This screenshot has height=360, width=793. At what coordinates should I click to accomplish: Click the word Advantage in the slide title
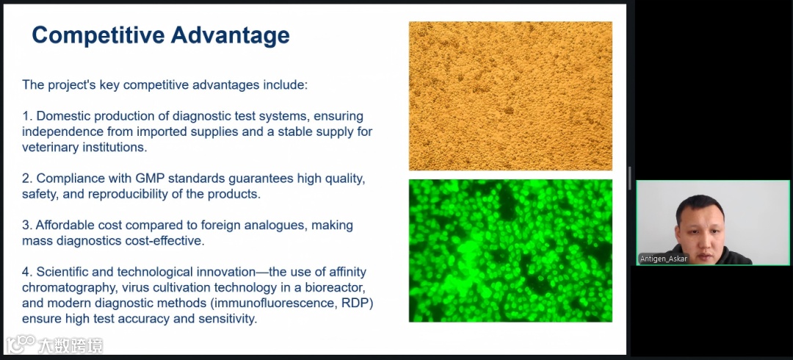tap(230, 35)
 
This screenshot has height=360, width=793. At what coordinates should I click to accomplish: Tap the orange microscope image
tap(510, 96)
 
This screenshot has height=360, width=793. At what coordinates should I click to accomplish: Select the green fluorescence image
tap(510, 251)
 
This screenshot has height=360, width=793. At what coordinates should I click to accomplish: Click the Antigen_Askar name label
tap(664, 259)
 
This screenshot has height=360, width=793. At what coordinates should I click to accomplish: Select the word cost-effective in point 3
tap(164, 240)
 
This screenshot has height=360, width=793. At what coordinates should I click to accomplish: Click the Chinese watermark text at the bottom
tap(70, 346)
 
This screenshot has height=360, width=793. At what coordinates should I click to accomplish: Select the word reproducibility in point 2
tap(130, 194)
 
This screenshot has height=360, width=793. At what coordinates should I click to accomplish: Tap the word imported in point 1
tap(157, 132)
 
